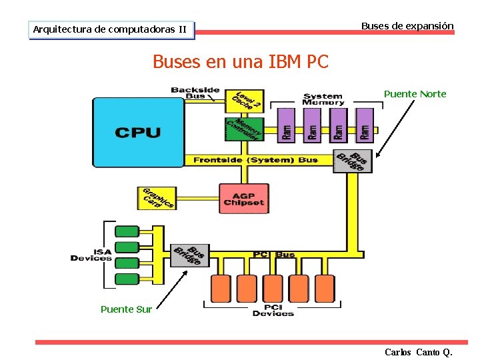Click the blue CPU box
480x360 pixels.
click(x=138, y=132)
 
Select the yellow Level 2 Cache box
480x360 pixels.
click(x=245, y=101)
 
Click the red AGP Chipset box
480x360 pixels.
click(x=244, y=198)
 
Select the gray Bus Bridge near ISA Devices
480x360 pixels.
click(x=190, y=253)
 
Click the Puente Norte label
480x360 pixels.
click(x=415, y=94)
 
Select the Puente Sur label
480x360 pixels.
click(x=126, y=309)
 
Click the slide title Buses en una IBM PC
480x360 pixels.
click(x=241, y=62)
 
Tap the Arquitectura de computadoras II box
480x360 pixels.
click(x=111, y=29)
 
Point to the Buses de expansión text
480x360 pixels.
click(x=407, y=26)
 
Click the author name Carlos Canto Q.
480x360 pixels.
click(x=418, y=351)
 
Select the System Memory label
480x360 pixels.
click(x=323, y=99)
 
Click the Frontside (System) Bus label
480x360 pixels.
click(x=255, y=160)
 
